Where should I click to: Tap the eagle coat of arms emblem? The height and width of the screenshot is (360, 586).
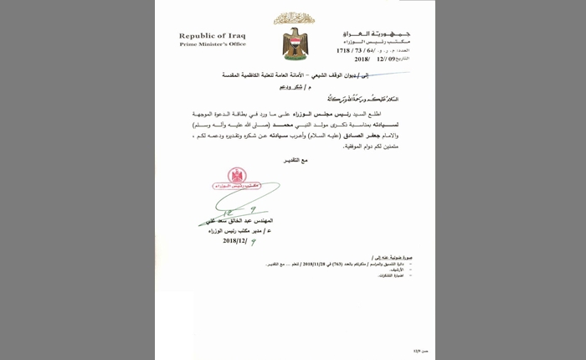295,43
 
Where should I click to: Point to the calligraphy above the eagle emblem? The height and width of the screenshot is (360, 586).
295,18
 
